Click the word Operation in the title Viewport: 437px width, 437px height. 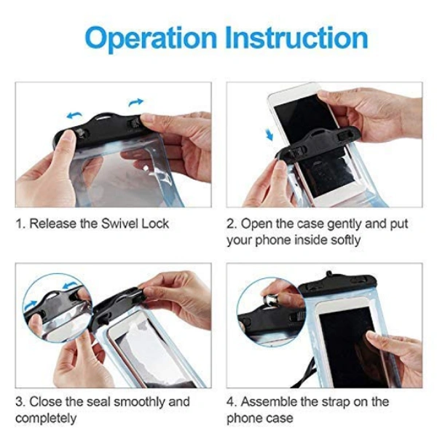pos(151,39)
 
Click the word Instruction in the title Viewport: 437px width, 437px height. pos(296,37)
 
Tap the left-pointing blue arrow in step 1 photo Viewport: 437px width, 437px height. pos(74,115)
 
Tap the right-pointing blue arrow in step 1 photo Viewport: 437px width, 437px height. pos(135,102)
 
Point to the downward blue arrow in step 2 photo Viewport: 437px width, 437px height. pos(269,135)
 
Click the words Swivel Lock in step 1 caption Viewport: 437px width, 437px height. pos(135,224)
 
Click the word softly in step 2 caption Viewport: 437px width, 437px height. pos(345,240)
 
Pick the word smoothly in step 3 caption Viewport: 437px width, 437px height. pos(140,402)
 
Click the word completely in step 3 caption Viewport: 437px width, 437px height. pos(46,419)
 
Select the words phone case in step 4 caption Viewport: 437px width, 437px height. pos(260,419)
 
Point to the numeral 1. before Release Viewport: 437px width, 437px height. pos(21,224)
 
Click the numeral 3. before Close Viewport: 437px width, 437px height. pos(20,402)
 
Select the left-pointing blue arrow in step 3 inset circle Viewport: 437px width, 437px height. pos(69,285)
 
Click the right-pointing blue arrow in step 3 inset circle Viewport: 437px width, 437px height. pos(31,305)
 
